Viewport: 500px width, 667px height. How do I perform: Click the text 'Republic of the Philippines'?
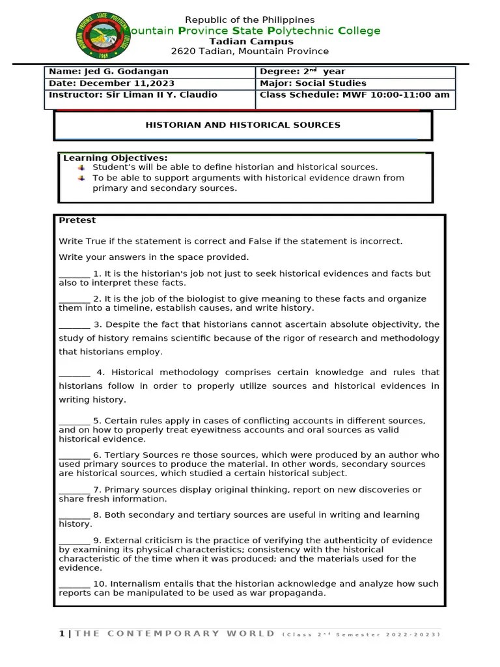pyautogui.click(x=250, y=20)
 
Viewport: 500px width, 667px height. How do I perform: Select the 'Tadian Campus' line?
pyautogui.click(x=250, y=41)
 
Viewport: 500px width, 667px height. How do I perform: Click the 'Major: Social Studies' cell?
pyautogui.click(x=313, y=83)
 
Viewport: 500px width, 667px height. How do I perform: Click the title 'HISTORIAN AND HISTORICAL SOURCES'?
pyautogui.click(x=243, y=125)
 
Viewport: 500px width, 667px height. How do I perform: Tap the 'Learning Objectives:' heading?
pyautogui.click(x=115, y=158)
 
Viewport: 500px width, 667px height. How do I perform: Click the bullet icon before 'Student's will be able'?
pyautogui.click(x=81, y=167)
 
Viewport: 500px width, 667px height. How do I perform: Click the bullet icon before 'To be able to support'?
pyautogui.click(x=81, y=178)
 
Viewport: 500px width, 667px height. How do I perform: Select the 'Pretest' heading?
pyautogui.click(x=77, y=220)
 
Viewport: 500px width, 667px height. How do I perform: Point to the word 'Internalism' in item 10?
pyautogui.click(x=137, y=584)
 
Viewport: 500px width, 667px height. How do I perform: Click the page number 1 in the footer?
pyautogui.click(x=62, y=634)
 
